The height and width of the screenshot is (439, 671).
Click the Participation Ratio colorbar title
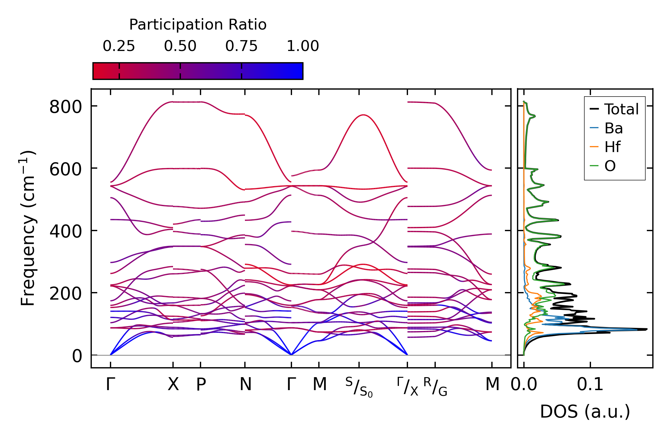tap(198, 25)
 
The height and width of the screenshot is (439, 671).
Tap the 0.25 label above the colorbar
tap(119, 46)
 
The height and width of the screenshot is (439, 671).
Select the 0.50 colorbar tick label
tap(180, 46)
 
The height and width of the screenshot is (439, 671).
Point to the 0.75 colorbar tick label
tap(241, 46)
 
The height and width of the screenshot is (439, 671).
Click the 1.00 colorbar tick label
tap(303, 46)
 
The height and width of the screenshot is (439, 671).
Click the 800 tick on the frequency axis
tap(66, 107)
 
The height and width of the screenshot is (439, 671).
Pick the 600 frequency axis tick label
tap(66, 170)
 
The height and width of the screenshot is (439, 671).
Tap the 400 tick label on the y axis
tap(66, 232)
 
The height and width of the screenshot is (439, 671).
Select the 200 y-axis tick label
tap(66, 294)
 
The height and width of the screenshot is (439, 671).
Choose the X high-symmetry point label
tap(173, 385)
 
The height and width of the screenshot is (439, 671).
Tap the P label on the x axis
tap(201, 385)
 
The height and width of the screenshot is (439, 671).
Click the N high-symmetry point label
tap(245, 385)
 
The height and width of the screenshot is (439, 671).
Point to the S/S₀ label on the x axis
tap(359, 387)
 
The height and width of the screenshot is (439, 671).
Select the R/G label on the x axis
tap(435, 387)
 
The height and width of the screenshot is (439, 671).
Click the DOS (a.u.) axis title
tap(585, 412)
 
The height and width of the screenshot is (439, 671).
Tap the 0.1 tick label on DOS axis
tap(590, 385)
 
